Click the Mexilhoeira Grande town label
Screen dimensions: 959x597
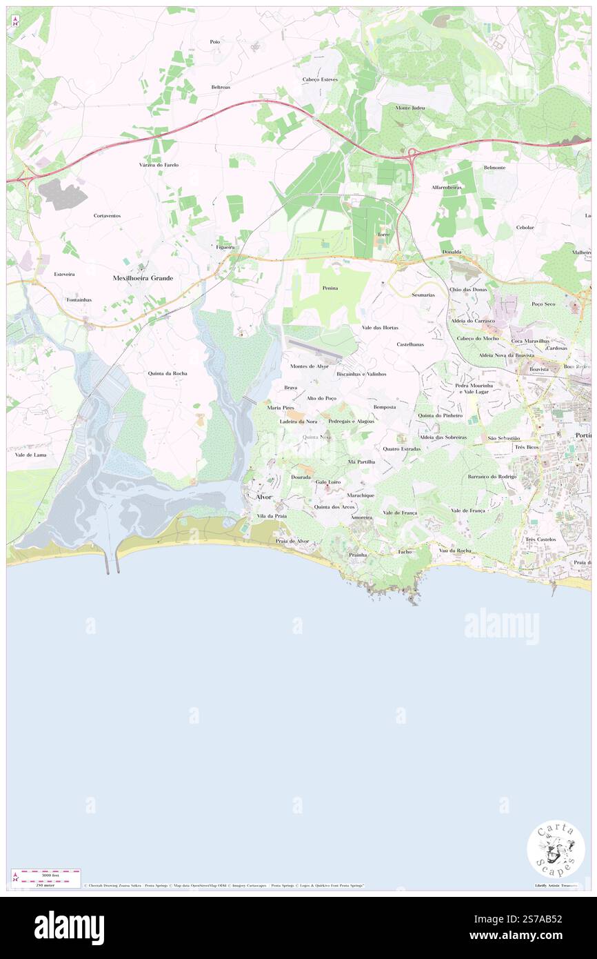coord(143,277)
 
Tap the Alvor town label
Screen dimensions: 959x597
coord(264,497)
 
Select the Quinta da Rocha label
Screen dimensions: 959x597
coord(167,373)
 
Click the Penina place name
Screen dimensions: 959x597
coord(330,288)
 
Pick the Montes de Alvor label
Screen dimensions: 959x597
coord(310,366)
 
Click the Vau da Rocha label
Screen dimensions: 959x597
coord(455,550)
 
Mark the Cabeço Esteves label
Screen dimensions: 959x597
coord(320,79)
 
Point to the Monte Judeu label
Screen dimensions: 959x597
coord(410,108)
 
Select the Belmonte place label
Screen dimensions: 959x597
coord(494,168)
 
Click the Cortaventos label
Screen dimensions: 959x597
coord(107,216)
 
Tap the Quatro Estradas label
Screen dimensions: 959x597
coord(401,448)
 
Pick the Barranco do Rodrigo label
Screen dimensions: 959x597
coord(492,477)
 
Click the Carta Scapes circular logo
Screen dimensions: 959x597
coord(556,849)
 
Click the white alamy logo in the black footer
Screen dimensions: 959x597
coord(69,927)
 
